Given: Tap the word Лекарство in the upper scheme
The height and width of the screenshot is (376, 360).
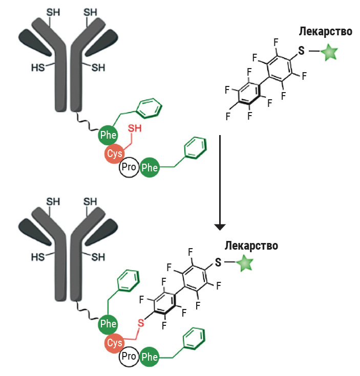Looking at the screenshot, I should tap(325, 32).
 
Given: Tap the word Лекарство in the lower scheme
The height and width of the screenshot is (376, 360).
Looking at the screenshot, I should tap(251, 246).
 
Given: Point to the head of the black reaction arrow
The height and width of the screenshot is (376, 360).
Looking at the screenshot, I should tap(219, 226).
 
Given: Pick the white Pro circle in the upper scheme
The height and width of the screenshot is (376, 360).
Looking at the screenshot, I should tap(129, 167).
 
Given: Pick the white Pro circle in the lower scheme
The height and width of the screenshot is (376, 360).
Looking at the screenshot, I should tap(129, 357).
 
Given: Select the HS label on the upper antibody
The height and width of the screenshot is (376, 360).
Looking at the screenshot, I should tap(37, 67).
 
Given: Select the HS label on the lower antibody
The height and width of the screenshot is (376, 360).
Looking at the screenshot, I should tap(37, 256).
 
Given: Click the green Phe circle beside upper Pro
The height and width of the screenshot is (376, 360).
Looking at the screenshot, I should tap(150, 167).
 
